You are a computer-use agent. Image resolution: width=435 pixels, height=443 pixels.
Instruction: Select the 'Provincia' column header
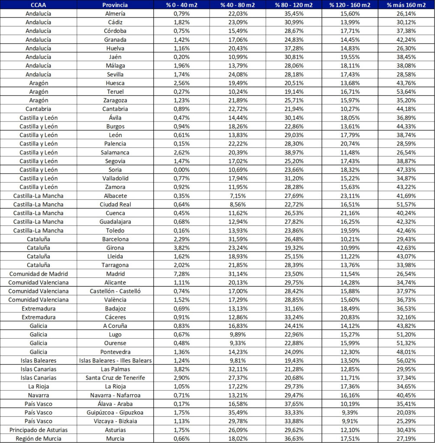[115, 5]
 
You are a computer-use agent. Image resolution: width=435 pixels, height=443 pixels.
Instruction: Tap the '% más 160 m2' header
[406, 5]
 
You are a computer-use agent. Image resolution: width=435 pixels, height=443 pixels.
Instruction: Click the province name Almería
[115, 14]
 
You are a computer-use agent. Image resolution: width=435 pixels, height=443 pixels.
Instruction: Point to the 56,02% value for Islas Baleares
[406, 360]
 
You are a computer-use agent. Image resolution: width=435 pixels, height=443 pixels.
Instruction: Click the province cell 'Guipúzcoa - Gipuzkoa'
[115, 412]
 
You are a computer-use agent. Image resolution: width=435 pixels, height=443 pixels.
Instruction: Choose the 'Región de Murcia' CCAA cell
[39, 438]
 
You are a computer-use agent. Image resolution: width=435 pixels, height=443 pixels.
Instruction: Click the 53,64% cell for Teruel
[406, 92]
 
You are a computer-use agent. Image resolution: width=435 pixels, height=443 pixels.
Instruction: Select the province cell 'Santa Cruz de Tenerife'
[115, 378]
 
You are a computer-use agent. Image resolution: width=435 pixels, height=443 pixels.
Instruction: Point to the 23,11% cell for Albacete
[349, 196]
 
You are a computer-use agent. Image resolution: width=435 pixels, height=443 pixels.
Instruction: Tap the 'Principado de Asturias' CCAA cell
[39, 430]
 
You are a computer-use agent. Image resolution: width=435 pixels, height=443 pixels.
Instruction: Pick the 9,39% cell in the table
[349, 412]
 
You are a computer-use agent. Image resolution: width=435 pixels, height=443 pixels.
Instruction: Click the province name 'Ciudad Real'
[115, 204]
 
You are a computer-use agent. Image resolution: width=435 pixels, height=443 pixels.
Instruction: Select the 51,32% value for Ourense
[406, 343]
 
